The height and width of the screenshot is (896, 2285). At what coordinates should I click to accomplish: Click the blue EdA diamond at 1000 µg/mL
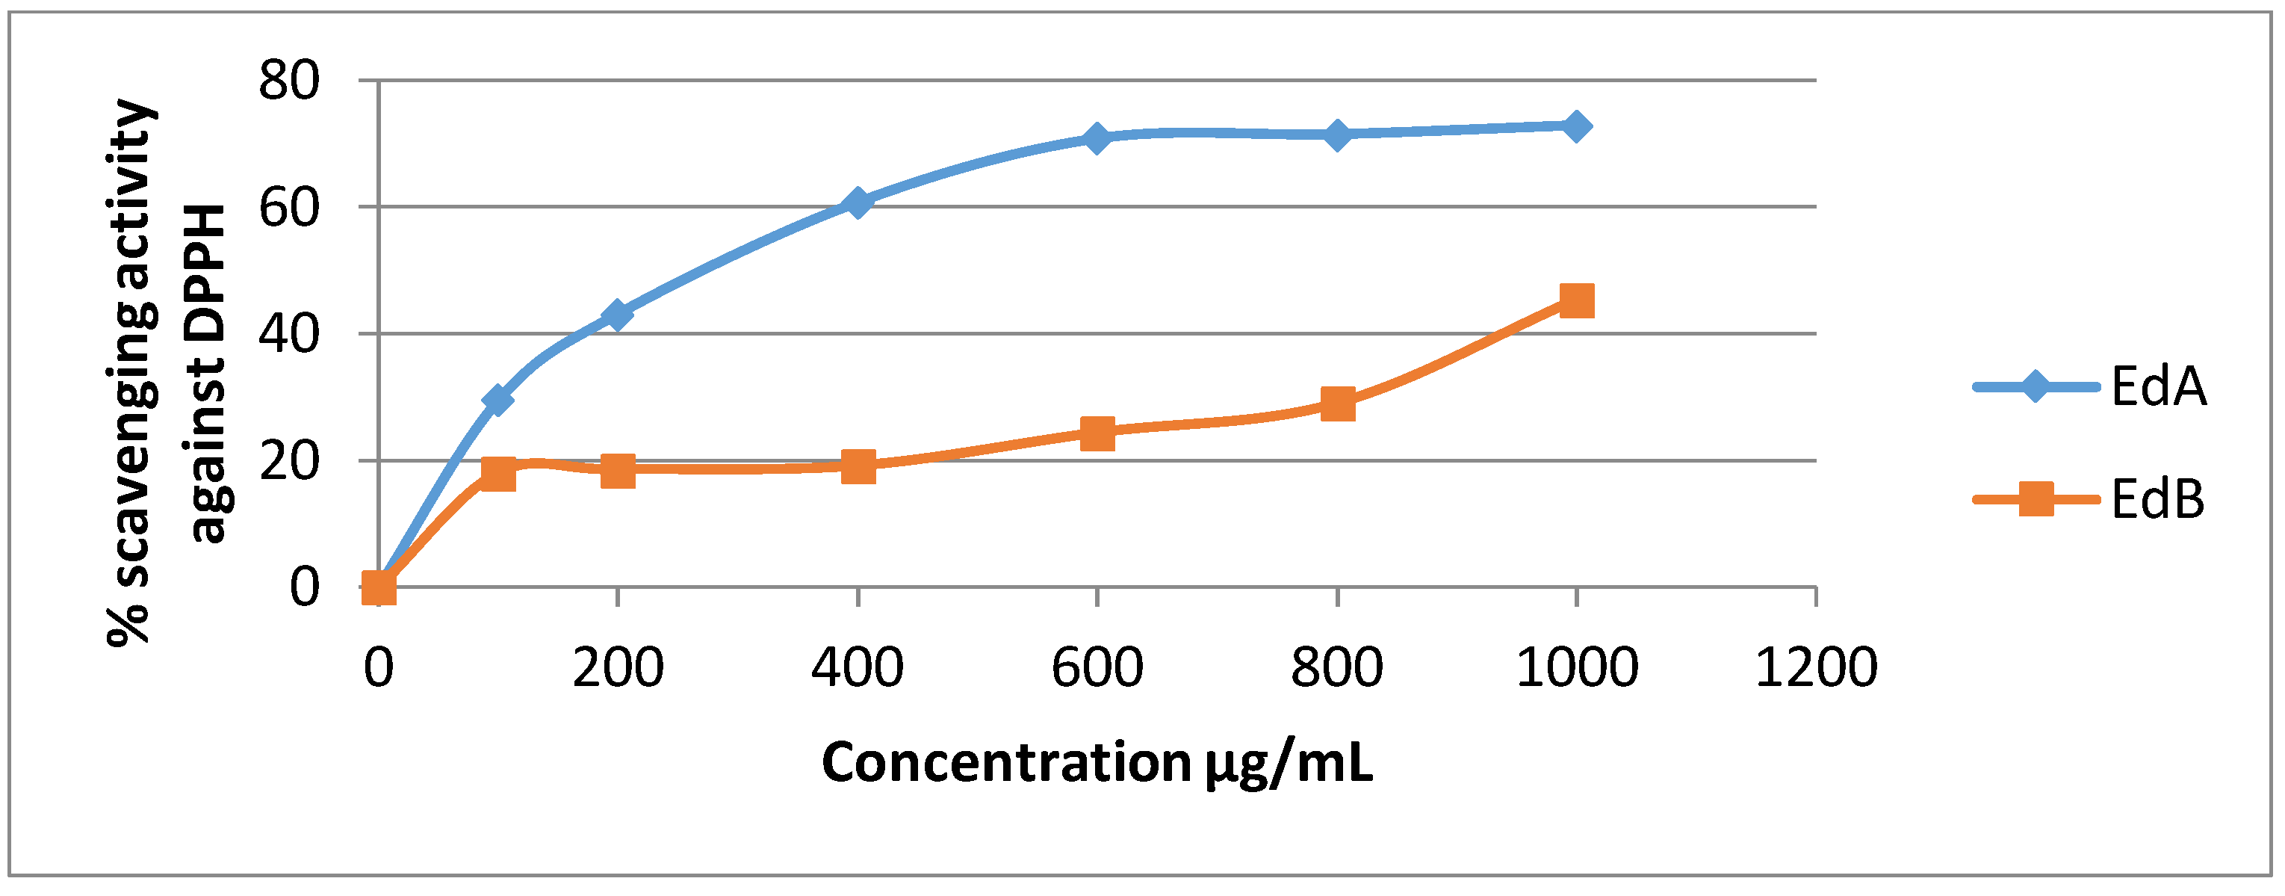point(1575,127)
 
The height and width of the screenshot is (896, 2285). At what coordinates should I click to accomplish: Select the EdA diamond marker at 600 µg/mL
point(1097,138)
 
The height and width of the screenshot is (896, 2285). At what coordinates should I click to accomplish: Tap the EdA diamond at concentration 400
point(858,203)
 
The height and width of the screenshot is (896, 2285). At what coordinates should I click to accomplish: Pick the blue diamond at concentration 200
point(617,315)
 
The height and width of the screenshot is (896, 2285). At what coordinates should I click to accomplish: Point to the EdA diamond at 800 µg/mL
point(1337,135)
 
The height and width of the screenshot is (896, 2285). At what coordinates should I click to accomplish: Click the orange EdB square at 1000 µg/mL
point(1575,300)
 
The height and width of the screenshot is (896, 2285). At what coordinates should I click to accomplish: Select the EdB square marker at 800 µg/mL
point(1337,404)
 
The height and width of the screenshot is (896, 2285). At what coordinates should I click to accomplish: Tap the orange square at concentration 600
point(1097,434)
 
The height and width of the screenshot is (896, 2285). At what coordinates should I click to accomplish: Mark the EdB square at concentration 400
point(858,466)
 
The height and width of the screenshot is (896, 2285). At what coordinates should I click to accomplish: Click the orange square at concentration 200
point(617,471)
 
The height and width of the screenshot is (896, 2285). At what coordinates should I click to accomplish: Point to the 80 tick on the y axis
point(288,81)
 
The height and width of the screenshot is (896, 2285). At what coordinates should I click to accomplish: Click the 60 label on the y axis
point(288,208)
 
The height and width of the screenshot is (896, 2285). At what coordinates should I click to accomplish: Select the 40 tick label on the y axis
point(288,335)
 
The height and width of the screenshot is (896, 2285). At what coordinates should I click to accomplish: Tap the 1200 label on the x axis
point(1816,667)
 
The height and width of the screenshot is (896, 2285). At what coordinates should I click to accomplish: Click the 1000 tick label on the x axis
point(1576,667)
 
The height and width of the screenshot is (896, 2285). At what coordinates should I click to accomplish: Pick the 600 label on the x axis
point(1097,667)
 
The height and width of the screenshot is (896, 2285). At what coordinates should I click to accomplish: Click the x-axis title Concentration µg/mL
point(1097,762)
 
